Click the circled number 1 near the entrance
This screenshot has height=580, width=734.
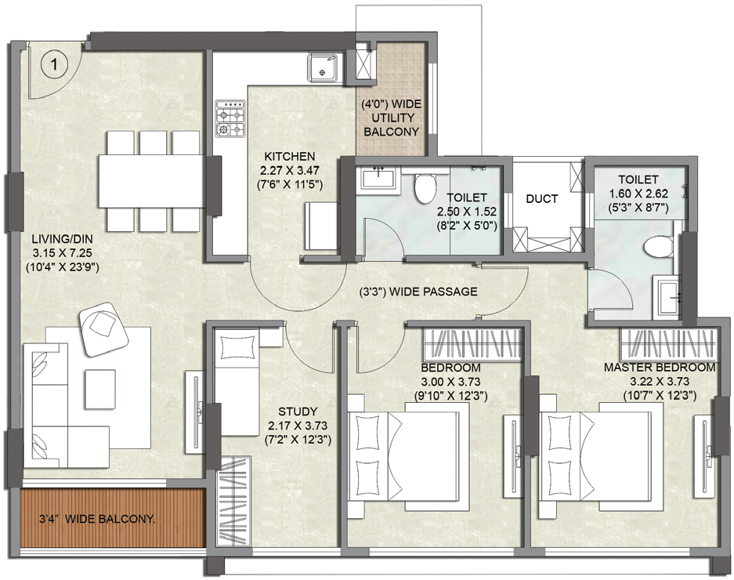point(55,64)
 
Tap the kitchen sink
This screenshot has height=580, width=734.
point(322,68)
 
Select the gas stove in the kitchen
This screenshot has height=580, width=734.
point(230,118)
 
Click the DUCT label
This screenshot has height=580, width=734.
point(541,198)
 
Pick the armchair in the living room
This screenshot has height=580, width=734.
point(103,329)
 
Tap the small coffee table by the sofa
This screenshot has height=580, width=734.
point(100,389)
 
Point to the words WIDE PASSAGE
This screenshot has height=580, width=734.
point(433,292)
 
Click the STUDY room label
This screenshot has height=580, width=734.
point(298,411)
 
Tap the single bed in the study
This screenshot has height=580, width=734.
point(237,382)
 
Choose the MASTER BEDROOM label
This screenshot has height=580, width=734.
point(659,368)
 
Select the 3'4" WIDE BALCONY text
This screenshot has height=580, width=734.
point(97,519)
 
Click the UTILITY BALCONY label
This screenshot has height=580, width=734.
point(392,125)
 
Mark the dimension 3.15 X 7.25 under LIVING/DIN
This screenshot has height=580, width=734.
point(62,253)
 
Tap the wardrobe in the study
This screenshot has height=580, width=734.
point(233,502)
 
